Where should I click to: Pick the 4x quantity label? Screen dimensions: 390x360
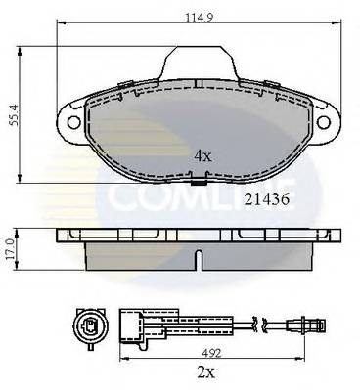(x=202, y=154)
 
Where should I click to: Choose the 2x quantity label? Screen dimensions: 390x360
(x=202, y=372)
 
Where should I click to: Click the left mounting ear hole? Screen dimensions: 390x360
(x=71, y=123)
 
